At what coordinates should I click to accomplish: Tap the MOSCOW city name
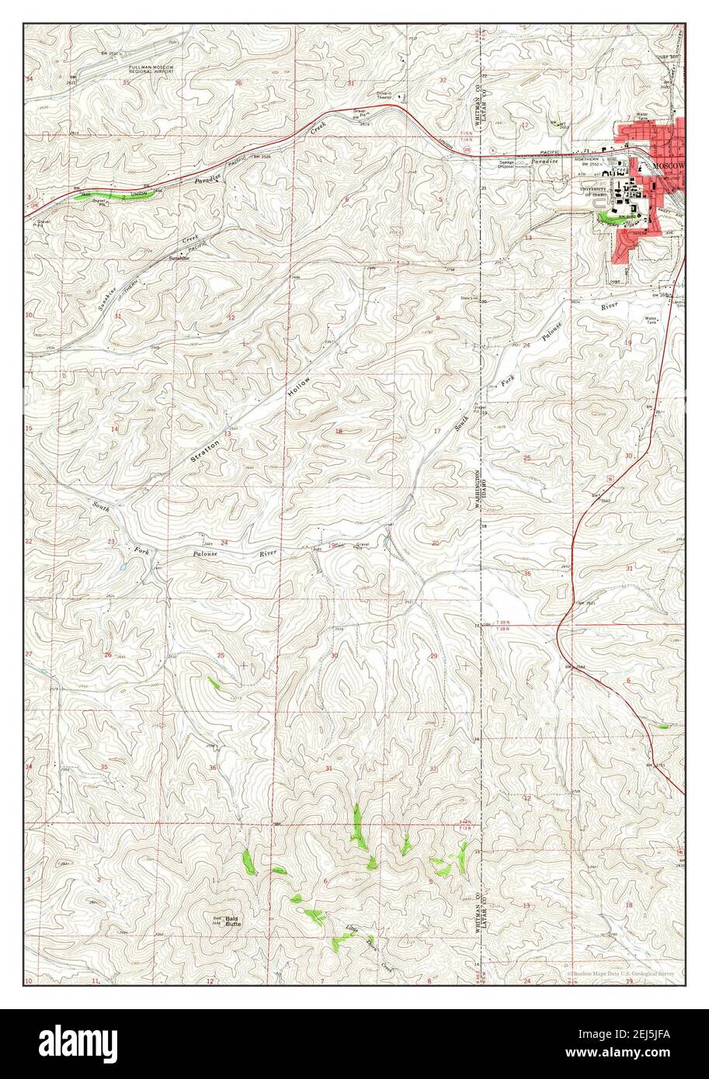[x=667, y=167]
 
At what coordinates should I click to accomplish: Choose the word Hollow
[x=299, y=388]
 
